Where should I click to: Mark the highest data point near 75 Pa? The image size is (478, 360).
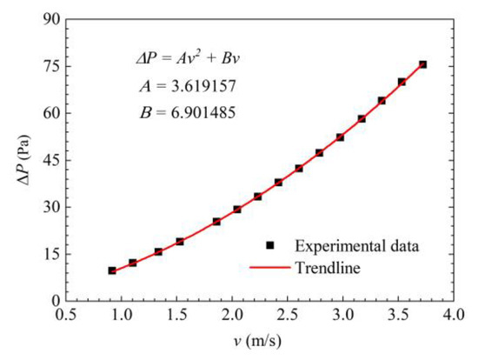click(422, 64)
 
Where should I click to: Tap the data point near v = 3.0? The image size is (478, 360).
click(340, 137)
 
